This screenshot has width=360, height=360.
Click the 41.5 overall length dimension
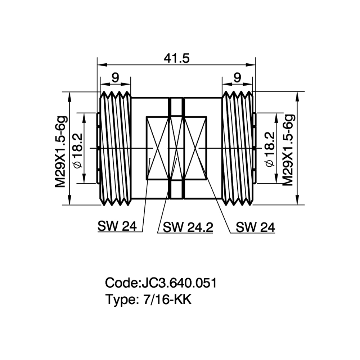point(176,59)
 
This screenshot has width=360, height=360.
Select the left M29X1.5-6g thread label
point(61,152)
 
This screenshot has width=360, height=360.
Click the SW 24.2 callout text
point(188,227)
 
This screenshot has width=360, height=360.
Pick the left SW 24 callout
point(117,226)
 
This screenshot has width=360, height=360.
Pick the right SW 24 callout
point(255,227)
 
